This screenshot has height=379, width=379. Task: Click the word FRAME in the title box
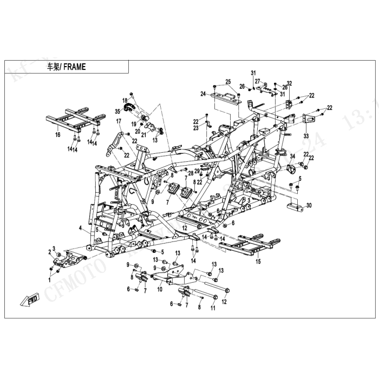point(74,67)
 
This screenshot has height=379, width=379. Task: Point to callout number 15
point(258,261)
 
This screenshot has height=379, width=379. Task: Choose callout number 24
point(202,94)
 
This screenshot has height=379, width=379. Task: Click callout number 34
point(292,156)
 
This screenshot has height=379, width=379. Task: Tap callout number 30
point(309,206)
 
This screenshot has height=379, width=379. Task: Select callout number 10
point(159,289)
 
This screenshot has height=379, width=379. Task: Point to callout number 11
point(213,308)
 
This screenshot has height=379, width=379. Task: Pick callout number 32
point(289,83)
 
